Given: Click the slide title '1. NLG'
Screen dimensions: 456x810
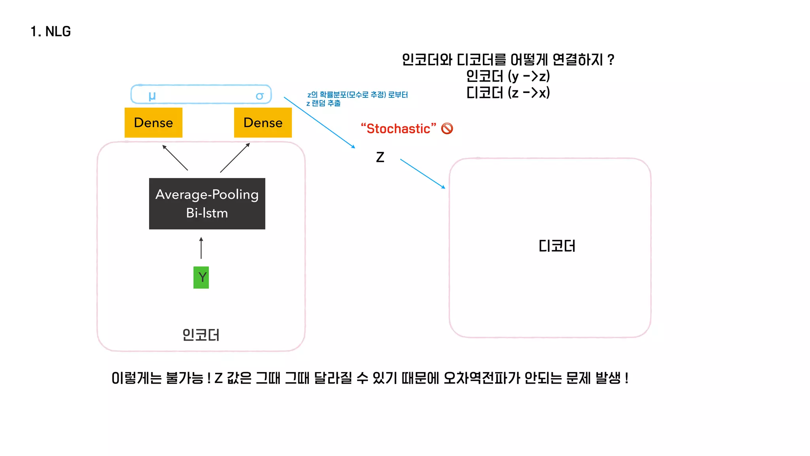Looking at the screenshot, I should [51, 32].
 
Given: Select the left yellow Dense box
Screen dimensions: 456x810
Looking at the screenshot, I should [153, 123].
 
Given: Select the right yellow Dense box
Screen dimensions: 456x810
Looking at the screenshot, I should [263, 123].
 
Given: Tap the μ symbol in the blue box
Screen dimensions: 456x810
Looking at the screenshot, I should [152, 96].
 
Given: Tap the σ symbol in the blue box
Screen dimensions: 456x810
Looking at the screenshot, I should [259, 96].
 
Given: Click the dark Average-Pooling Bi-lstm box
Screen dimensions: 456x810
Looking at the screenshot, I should [207, 203].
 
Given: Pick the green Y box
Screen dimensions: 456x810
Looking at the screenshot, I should [201, 277].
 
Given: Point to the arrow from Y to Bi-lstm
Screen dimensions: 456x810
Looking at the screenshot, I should [201, 248].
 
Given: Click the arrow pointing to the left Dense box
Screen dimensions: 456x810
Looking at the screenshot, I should [175, 158].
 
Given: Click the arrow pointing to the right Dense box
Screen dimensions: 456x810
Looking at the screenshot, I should [235, 158].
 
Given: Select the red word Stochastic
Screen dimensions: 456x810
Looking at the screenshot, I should [398, 129].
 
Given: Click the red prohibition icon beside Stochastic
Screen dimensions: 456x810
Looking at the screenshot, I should [447, 129].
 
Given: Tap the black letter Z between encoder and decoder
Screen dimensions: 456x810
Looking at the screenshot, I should [380, 157].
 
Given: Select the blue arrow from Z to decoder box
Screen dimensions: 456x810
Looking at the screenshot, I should [422, 174].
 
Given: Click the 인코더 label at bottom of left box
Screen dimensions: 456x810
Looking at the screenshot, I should [201, 335].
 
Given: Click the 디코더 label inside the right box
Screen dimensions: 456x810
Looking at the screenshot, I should [557, 246].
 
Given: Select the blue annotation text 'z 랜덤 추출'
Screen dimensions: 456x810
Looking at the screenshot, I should [323, 103].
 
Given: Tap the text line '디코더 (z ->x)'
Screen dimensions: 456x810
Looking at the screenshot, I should [508, 93].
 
